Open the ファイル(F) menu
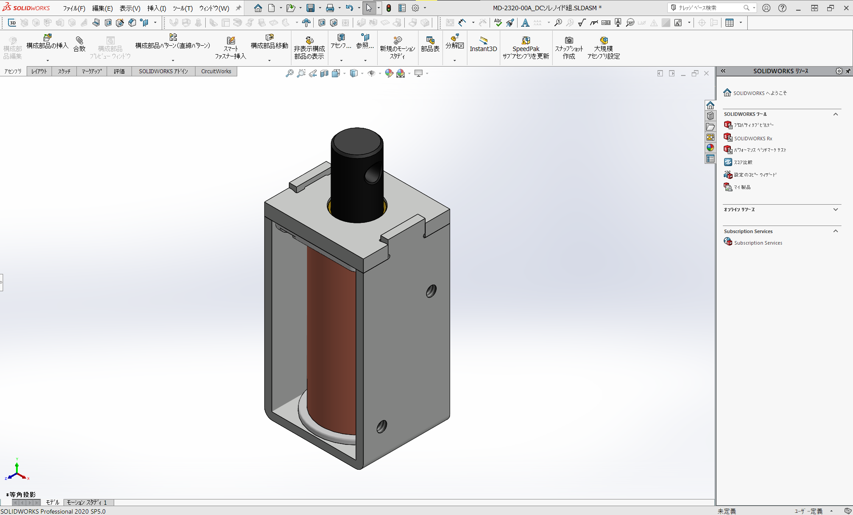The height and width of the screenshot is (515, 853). pos(74,8)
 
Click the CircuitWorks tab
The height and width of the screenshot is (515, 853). pos(216,71)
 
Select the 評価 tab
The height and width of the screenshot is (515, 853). pos(119,71)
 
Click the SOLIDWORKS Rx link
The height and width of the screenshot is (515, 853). pos(753,139)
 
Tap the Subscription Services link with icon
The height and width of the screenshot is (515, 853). pos(757,243)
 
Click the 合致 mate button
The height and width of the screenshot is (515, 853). pos(80,45)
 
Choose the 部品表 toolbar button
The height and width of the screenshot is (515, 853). pos(430,45)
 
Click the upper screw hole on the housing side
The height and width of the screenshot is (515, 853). pos(431,291)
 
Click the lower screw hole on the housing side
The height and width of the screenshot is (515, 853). pos(381,427)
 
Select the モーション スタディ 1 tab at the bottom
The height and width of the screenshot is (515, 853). pos(88,503)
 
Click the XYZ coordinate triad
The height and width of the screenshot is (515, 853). pos(17,471)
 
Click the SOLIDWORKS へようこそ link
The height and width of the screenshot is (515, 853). pos(759,93)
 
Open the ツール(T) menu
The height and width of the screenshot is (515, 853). pos(182,8)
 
